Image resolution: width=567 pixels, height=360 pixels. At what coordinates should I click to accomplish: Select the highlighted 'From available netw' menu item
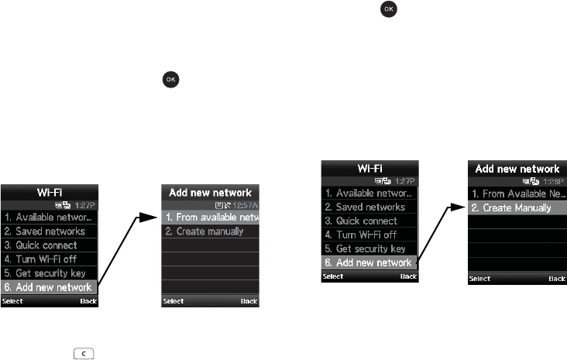(x=211, y=218)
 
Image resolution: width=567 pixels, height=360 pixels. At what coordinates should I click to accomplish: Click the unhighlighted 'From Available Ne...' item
(x=517, y=194)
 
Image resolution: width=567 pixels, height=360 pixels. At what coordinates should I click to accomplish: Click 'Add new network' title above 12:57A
(x=211, y=192)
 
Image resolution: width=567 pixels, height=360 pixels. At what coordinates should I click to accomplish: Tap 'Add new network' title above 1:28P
(x=517, y=168)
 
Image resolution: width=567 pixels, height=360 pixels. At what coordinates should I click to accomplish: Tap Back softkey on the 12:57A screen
(x=249, y=301)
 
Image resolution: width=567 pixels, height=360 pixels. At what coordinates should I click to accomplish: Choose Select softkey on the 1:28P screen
(x=479, y=277)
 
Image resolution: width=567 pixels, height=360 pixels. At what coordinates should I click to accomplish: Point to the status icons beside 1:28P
(x=534, y=180)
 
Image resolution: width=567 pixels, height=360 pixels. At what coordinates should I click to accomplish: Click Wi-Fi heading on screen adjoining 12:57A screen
(x=50, y=192)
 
